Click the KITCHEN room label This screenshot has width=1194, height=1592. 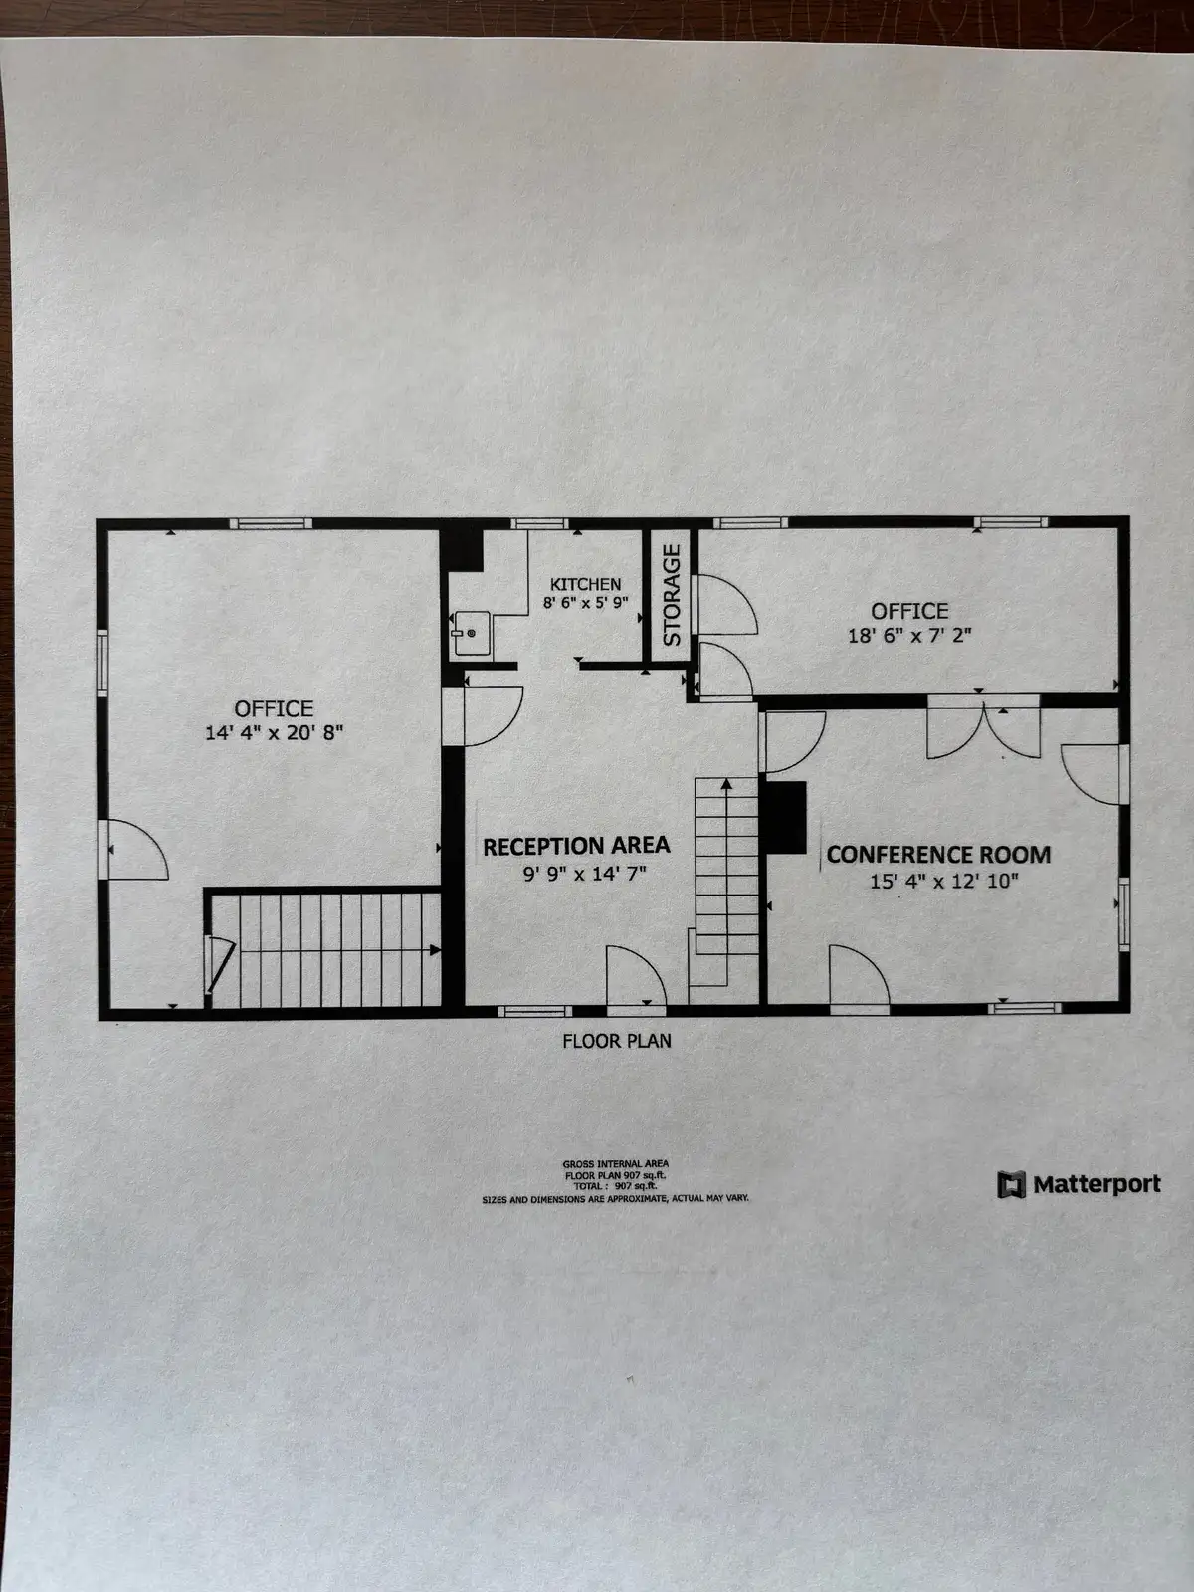click(586, 584)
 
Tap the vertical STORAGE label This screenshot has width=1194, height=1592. click(672, 594)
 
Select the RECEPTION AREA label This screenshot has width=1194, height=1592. click(576, 846)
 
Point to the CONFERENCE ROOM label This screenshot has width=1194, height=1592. click(938, 855)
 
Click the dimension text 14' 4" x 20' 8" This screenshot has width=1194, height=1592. click(274, 734)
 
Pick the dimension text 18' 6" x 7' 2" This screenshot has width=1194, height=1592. click(909, 635)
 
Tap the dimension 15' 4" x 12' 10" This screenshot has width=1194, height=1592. click(944, 881)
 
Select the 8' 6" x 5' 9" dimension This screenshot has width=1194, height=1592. click(586, 602)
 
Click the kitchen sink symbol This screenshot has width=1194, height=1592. click(470, 633)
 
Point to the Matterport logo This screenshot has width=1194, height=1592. click(1080, 1184)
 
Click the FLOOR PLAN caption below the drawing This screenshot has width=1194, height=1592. click(617, 1041)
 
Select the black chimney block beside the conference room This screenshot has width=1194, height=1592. click(786, 817)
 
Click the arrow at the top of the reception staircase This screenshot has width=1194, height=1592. click(726, 785)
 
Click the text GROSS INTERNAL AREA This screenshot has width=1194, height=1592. click(615, 1163)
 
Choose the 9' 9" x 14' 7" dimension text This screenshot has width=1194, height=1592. click(576, 874)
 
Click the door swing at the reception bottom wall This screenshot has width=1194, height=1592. click(635, 977)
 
